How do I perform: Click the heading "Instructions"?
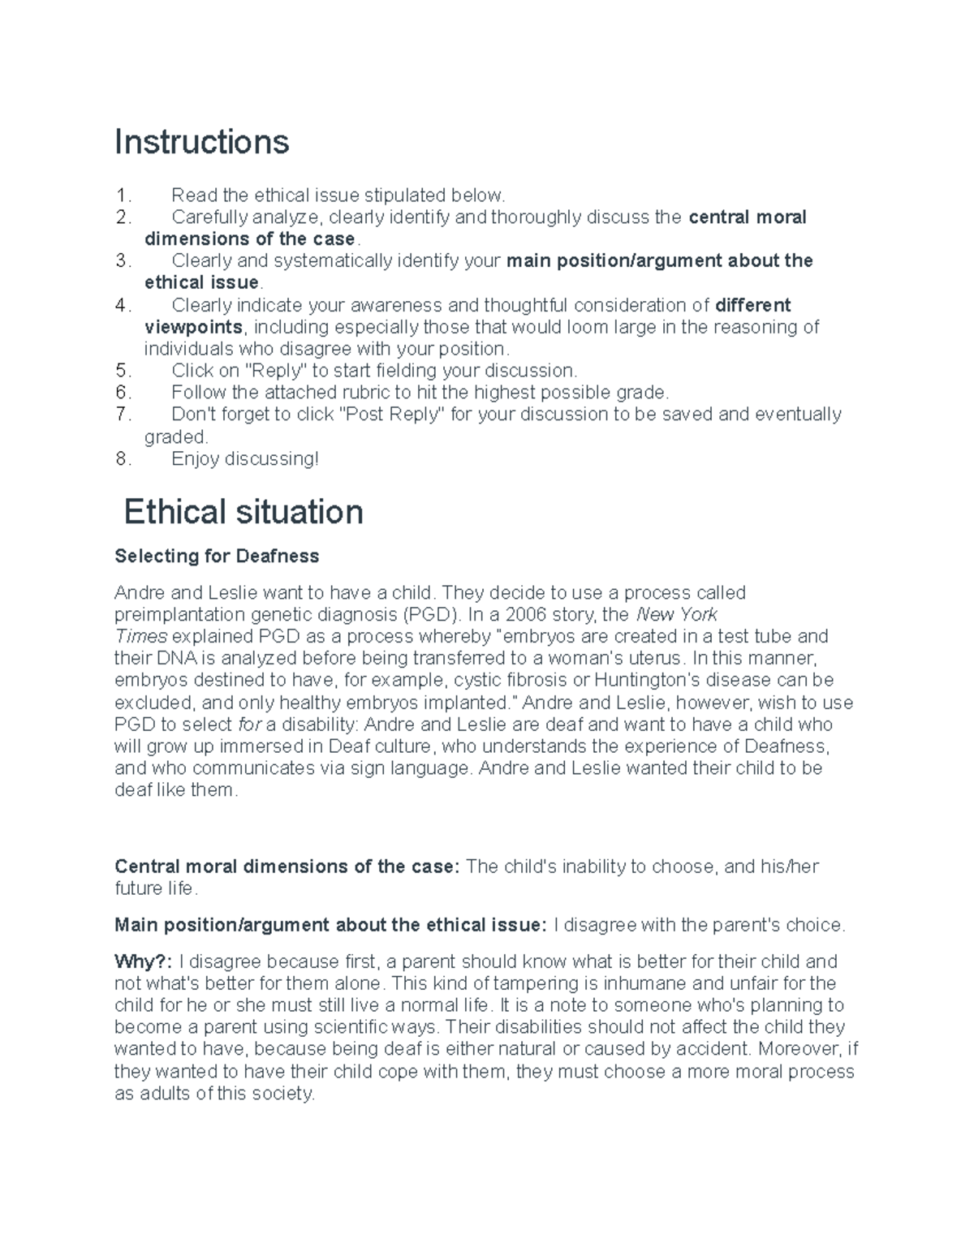click(201, 142)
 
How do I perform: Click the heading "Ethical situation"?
click(243, 513)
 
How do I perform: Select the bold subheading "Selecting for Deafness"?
click(217, 557)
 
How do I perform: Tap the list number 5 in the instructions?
click(123, 371)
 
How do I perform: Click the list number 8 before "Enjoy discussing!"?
click(123, 459)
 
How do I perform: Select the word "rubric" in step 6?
click(355, 393)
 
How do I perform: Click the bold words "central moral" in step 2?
click(747, 217)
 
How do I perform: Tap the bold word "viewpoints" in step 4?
click(193, 327)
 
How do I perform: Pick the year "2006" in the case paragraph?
click(528, 614)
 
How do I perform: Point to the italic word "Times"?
click(140, 636)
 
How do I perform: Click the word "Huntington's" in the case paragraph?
click(646, 680)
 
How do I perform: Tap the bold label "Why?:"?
click(143, 962)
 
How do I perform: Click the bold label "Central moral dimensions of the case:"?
click(287, 867)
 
